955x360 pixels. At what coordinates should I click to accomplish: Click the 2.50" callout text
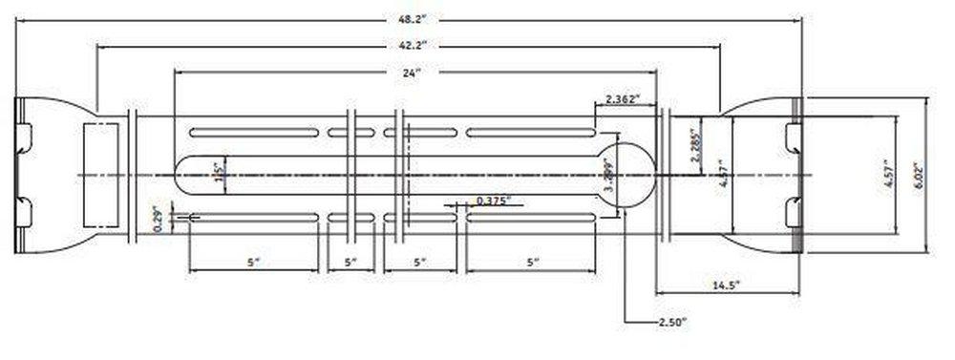point(668,324)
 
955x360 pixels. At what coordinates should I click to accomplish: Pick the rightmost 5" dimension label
point(532,261)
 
